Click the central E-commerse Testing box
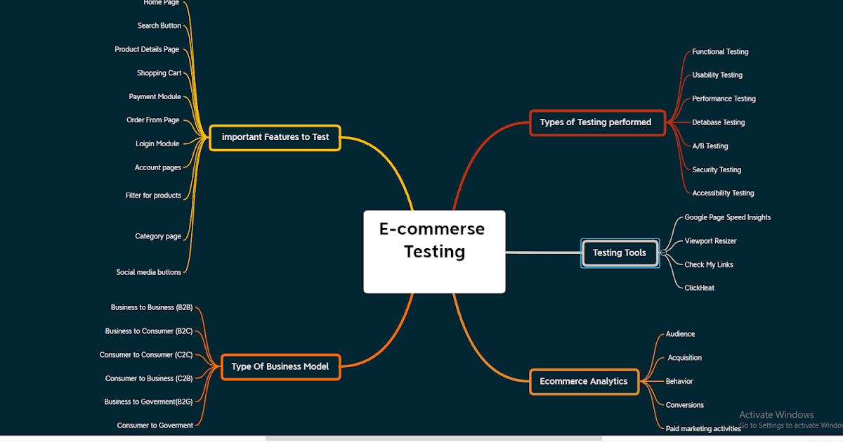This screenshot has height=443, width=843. click(434, 251)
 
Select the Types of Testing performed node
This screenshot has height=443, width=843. click(596, 122)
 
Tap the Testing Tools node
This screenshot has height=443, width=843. click(620, 253)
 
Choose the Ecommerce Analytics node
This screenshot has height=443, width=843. click(584, 382)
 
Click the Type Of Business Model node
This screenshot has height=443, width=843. click(280, 366)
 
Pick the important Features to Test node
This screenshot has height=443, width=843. click(275, 137)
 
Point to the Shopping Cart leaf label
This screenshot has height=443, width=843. click(159, 73)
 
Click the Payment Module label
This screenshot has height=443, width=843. click(155, 97)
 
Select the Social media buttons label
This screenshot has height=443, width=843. click(149, 272)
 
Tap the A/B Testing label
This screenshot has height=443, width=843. click(710, 146)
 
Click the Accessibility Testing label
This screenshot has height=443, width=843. click(723, 193)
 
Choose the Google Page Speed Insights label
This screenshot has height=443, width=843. click(727, 218)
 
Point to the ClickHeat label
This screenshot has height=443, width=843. click(699, 288)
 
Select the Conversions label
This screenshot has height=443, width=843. click(684, 405)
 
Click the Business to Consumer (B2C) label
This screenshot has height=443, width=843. click(149, 331)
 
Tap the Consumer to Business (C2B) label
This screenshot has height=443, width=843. click(149, 379)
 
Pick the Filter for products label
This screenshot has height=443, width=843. click(153, 195)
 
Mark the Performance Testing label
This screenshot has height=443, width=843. click(724, 99)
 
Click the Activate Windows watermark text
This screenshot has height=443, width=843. click(776, 415)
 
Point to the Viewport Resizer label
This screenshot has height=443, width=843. click(710, 241)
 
